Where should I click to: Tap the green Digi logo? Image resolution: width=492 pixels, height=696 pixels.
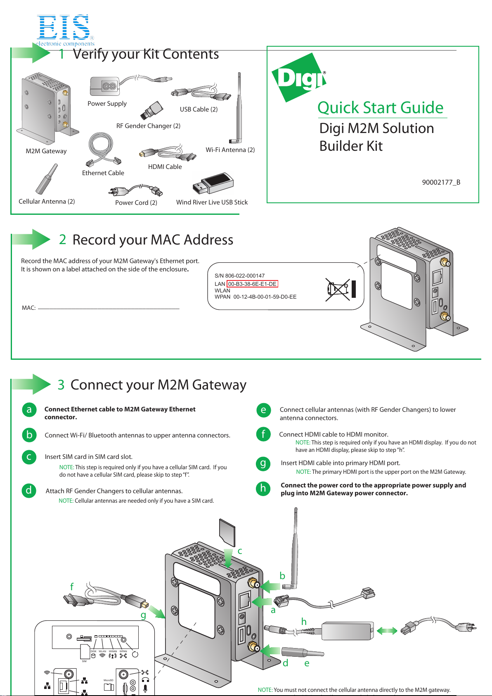pyautogui.click(x=298, y=78)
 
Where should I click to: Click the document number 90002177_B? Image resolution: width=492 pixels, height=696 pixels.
pyautogui.click(x=441, y=182)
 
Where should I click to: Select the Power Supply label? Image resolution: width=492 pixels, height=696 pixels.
pyautogui.click(x=107, y=104)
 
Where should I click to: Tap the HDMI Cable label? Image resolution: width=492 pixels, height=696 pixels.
pyautogui.click(x=165, y=167)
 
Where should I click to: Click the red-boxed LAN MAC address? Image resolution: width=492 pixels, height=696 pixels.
pyautogui.click(x=252, y=284)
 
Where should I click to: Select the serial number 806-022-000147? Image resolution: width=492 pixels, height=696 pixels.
pyautogui.click(x=245, y=276)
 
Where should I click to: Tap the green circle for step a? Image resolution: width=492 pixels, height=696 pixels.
pyautogui.click(x=29, y=410)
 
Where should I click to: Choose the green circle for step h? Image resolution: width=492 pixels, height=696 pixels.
pyautogui.click(x=263, y=489)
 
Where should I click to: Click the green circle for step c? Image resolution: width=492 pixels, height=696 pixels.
pyautogui.click(x=29, y=457)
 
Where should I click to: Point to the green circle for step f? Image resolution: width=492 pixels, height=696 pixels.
pyautogui.click(x=263, y=435)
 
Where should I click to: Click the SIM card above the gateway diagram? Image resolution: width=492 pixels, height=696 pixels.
pyautogui.click(x=227, y=533)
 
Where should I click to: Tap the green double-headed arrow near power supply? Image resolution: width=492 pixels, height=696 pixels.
pyautogui.click(x=387, y=630)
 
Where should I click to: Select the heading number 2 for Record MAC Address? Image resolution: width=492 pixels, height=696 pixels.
pyautogui.click(x=62, y=240)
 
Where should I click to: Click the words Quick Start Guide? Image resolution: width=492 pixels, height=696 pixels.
pyautogui.click(x=380, y=108)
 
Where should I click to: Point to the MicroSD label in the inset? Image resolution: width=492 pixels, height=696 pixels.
pyautogui.click(x=108, y=680)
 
